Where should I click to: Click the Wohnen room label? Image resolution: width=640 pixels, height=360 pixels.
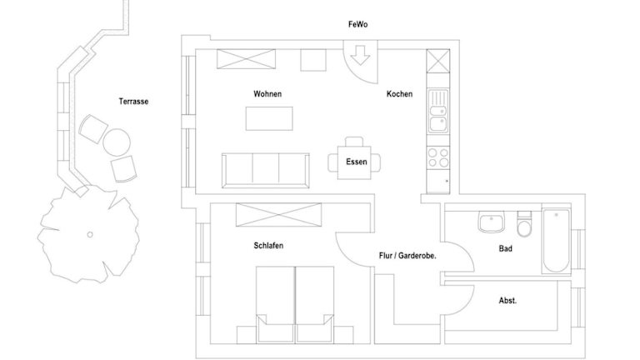(267, 94)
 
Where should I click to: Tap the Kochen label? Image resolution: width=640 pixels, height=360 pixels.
(399, 94)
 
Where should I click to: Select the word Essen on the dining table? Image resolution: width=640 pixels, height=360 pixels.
(357, 162)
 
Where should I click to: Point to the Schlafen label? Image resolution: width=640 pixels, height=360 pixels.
(268, 245)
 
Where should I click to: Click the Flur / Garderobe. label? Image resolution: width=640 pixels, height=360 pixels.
(407, 256)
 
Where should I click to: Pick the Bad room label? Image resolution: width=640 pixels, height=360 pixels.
(505, 248)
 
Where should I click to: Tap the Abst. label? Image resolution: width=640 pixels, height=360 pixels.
(507, 300)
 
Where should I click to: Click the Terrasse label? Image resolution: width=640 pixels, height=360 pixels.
(133, 101)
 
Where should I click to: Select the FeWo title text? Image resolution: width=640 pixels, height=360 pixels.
(357, 24)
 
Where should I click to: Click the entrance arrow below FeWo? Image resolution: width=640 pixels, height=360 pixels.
(360, 56)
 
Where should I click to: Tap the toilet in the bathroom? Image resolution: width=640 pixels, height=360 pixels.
(524, 223)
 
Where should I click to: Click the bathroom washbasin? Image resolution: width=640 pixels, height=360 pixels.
(492, 222)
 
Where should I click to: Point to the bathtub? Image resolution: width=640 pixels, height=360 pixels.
(556, 241)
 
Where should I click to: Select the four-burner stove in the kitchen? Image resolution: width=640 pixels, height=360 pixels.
(438, 158)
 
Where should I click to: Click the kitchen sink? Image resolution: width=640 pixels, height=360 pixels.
(438, 111)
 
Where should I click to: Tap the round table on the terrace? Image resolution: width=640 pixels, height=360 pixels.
(117, 142)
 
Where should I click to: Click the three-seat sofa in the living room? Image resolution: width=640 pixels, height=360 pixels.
(265, 170)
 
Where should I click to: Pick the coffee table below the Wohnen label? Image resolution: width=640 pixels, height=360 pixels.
(269, 118)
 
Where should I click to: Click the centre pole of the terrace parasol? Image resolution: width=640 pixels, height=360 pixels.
(90, 234)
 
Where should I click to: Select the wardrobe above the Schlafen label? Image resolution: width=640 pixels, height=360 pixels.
(278, 215)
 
